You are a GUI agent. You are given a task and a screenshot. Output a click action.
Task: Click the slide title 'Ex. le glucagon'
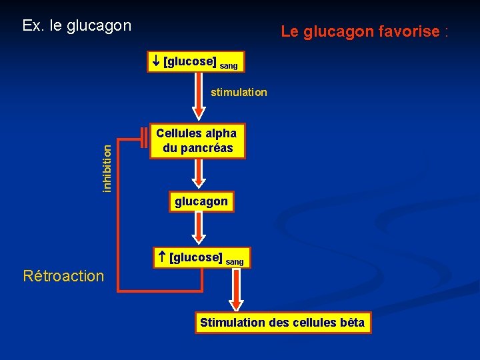point(77,26)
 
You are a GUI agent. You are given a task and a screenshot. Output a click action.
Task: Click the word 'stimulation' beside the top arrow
point(239,93)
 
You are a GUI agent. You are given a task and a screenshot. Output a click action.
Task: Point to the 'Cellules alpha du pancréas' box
point(197,141)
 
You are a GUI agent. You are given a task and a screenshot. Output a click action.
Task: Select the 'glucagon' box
point(201,201)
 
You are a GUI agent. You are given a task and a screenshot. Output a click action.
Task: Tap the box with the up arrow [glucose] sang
point(201,258)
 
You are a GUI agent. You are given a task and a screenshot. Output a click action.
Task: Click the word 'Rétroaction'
point(63,276)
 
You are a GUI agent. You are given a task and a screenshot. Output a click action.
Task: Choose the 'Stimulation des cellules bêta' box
point(282,323)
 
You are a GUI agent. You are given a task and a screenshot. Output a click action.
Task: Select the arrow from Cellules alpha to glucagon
point(198,174)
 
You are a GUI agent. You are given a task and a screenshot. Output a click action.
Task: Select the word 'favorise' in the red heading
point(409,31)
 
